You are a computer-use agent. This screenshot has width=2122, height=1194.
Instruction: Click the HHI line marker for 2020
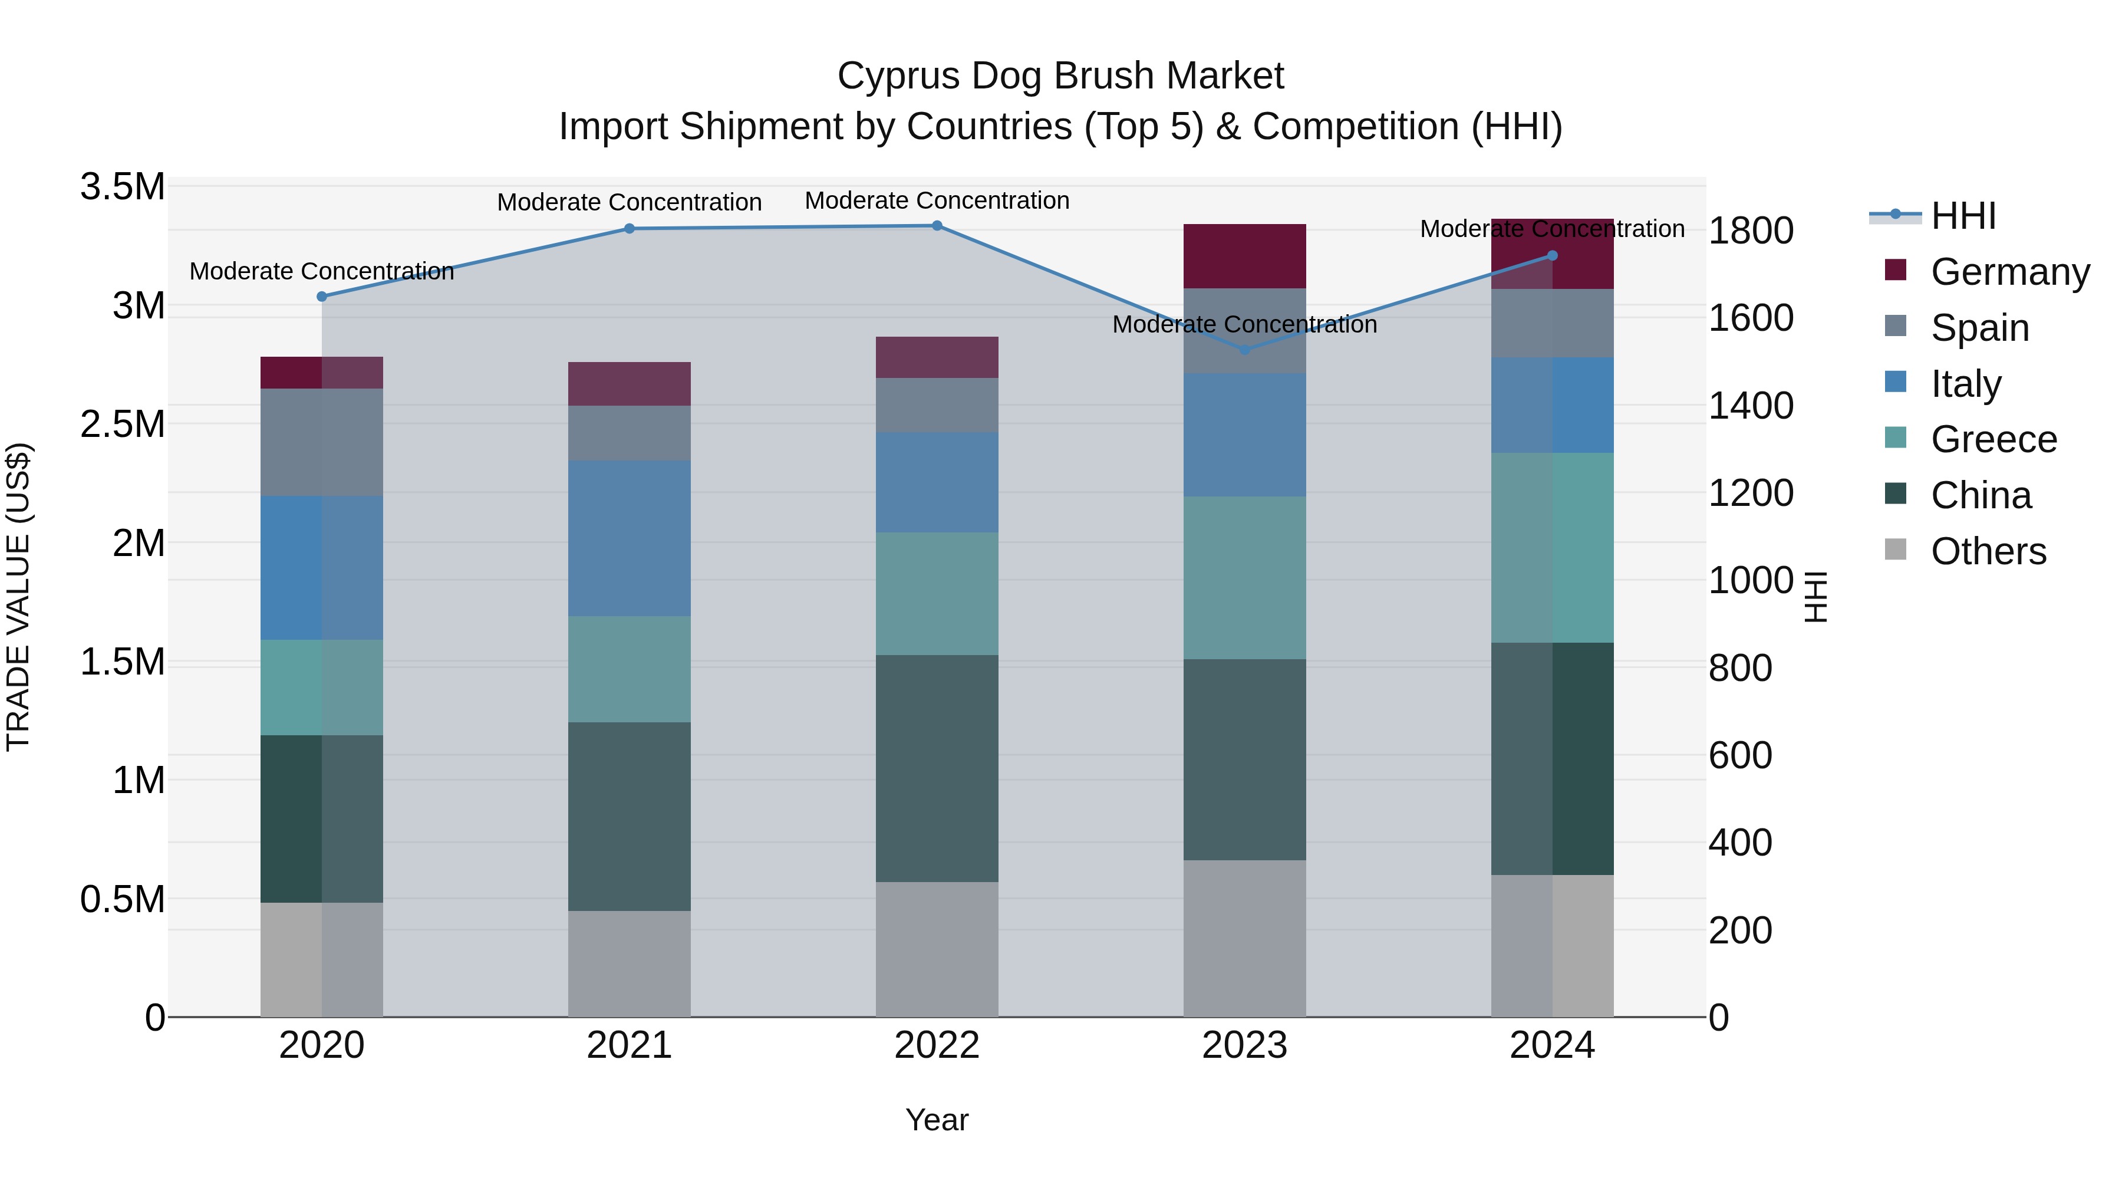click(x=321, y=297)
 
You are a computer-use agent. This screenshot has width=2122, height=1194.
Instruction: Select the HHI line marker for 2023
click(x=1245, y=350)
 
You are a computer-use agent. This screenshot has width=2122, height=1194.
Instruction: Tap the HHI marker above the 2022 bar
click(x=937, y=226)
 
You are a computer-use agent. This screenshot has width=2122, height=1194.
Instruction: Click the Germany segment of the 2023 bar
click(x=1245, y=256)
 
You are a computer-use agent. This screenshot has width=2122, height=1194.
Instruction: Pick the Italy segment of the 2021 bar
click(x=630, y=538)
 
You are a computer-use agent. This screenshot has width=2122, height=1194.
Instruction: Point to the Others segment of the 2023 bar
click(x=1245, y=939)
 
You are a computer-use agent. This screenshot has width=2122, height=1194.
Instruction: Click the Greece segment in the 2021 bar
click(x=630, y=669)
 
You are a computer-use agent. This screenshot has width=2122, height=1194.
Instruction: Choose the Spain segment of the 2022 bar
click(x=937, y=406)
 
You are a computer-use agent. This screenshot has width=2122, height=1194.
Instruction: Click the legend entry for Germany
click(x=2010, y=272)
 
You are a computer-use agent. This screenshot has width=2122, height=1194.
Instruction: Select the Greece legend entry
click(x=1994, y=439)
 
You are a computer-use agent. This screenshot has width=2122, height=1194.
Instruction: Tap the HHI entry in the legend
click(x=1963, y=216)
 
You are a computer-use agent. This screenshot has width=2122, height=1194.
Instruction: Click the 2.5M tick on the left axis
click(x=123, y=425)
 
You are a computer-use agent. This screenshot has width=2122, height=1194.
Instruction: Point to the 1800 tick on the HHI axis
click(x=1751, y=231)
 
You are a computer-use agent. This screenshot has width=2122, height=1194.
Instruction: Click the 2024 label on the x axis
click(x=1552, y=1045)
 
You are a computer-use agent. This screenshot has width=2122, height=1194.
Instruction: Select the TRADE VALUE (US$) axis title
click(x=19, y=597)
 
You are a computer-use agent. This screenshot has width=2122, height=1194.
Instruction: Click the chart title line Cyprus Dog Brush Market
click(x=1060, y=76)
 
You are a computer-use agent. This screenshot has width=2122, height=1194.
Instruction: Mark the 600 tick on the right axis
click(x=1740, y=756)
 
